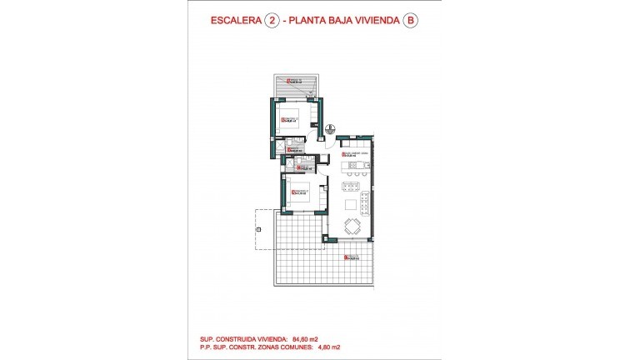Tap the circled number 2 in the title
click(272, 23)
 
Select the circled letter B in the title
click(408, 23)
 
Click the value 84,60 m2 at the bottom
click(304, 339)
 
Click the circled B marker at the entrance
click(330, 127)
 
